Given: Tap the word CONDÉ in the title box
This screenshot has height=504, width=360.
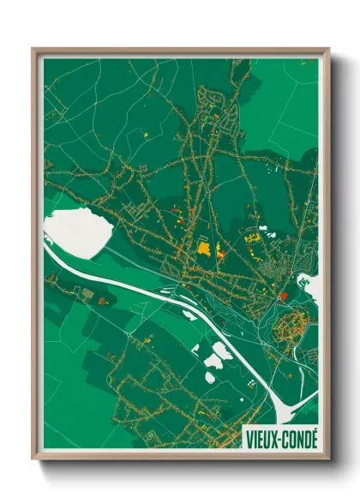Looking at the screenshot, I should click(298, 438).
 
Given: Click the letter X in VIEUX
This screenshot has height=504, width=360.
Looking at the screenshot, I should click(274, 438).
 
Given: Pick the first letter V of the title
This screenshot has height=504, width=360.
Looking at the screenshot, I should click(249, 438).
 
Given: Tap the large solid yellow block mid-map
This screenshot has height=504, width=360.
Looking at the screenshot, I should click(204, 249).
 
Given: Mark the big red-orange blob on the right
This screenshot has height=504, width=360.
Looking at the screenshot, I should click(284, 296).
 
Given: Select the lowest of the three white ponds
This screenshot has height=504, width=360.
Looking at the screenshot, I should click(210, 375).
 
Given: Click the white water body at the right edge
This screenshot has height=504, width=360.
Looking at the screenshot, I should click(309, 285).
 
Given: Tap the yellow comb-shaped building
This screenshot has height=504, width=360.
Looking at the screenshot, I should click(252, 237).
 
